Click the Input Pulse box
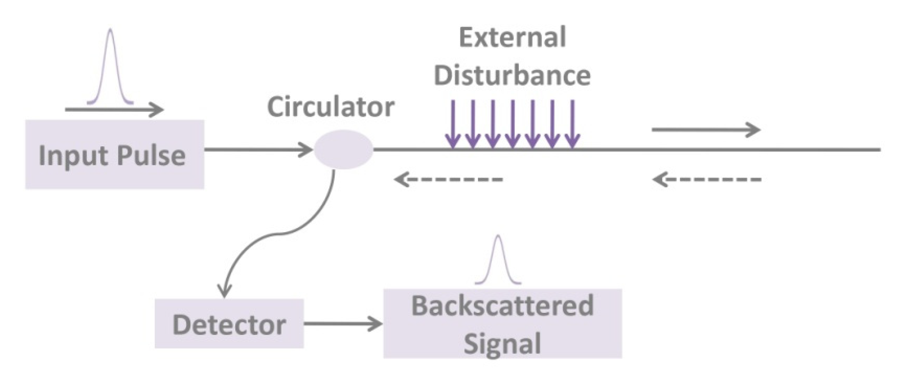pos(114,154)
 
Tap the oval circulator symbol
pos(343,150)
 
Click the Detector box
pos(229,324)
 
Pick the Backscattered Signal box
pos(502,323)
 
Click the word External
pos(512,38)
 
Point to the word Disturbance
pos(512,75)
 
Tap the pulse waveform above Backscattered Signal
pos(498,261)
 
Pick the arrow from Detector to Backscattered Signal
pos(342,324)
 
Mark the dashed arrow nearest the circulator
pos(448,179)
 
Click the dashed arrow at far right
pos(706,179)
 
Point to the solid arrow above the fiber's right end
pos(706,130)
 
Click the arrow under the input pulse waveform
pos(114,110)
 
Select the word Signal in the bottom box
pos(502,343)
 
